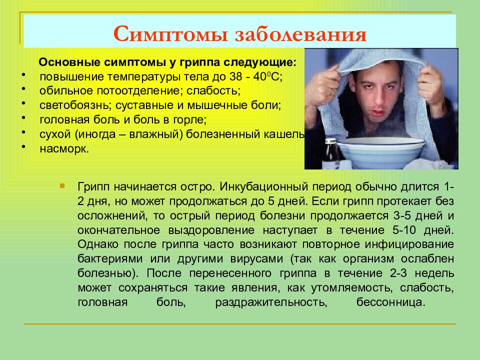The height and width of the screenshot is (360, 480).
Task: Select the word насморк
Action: pos(64,149)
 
